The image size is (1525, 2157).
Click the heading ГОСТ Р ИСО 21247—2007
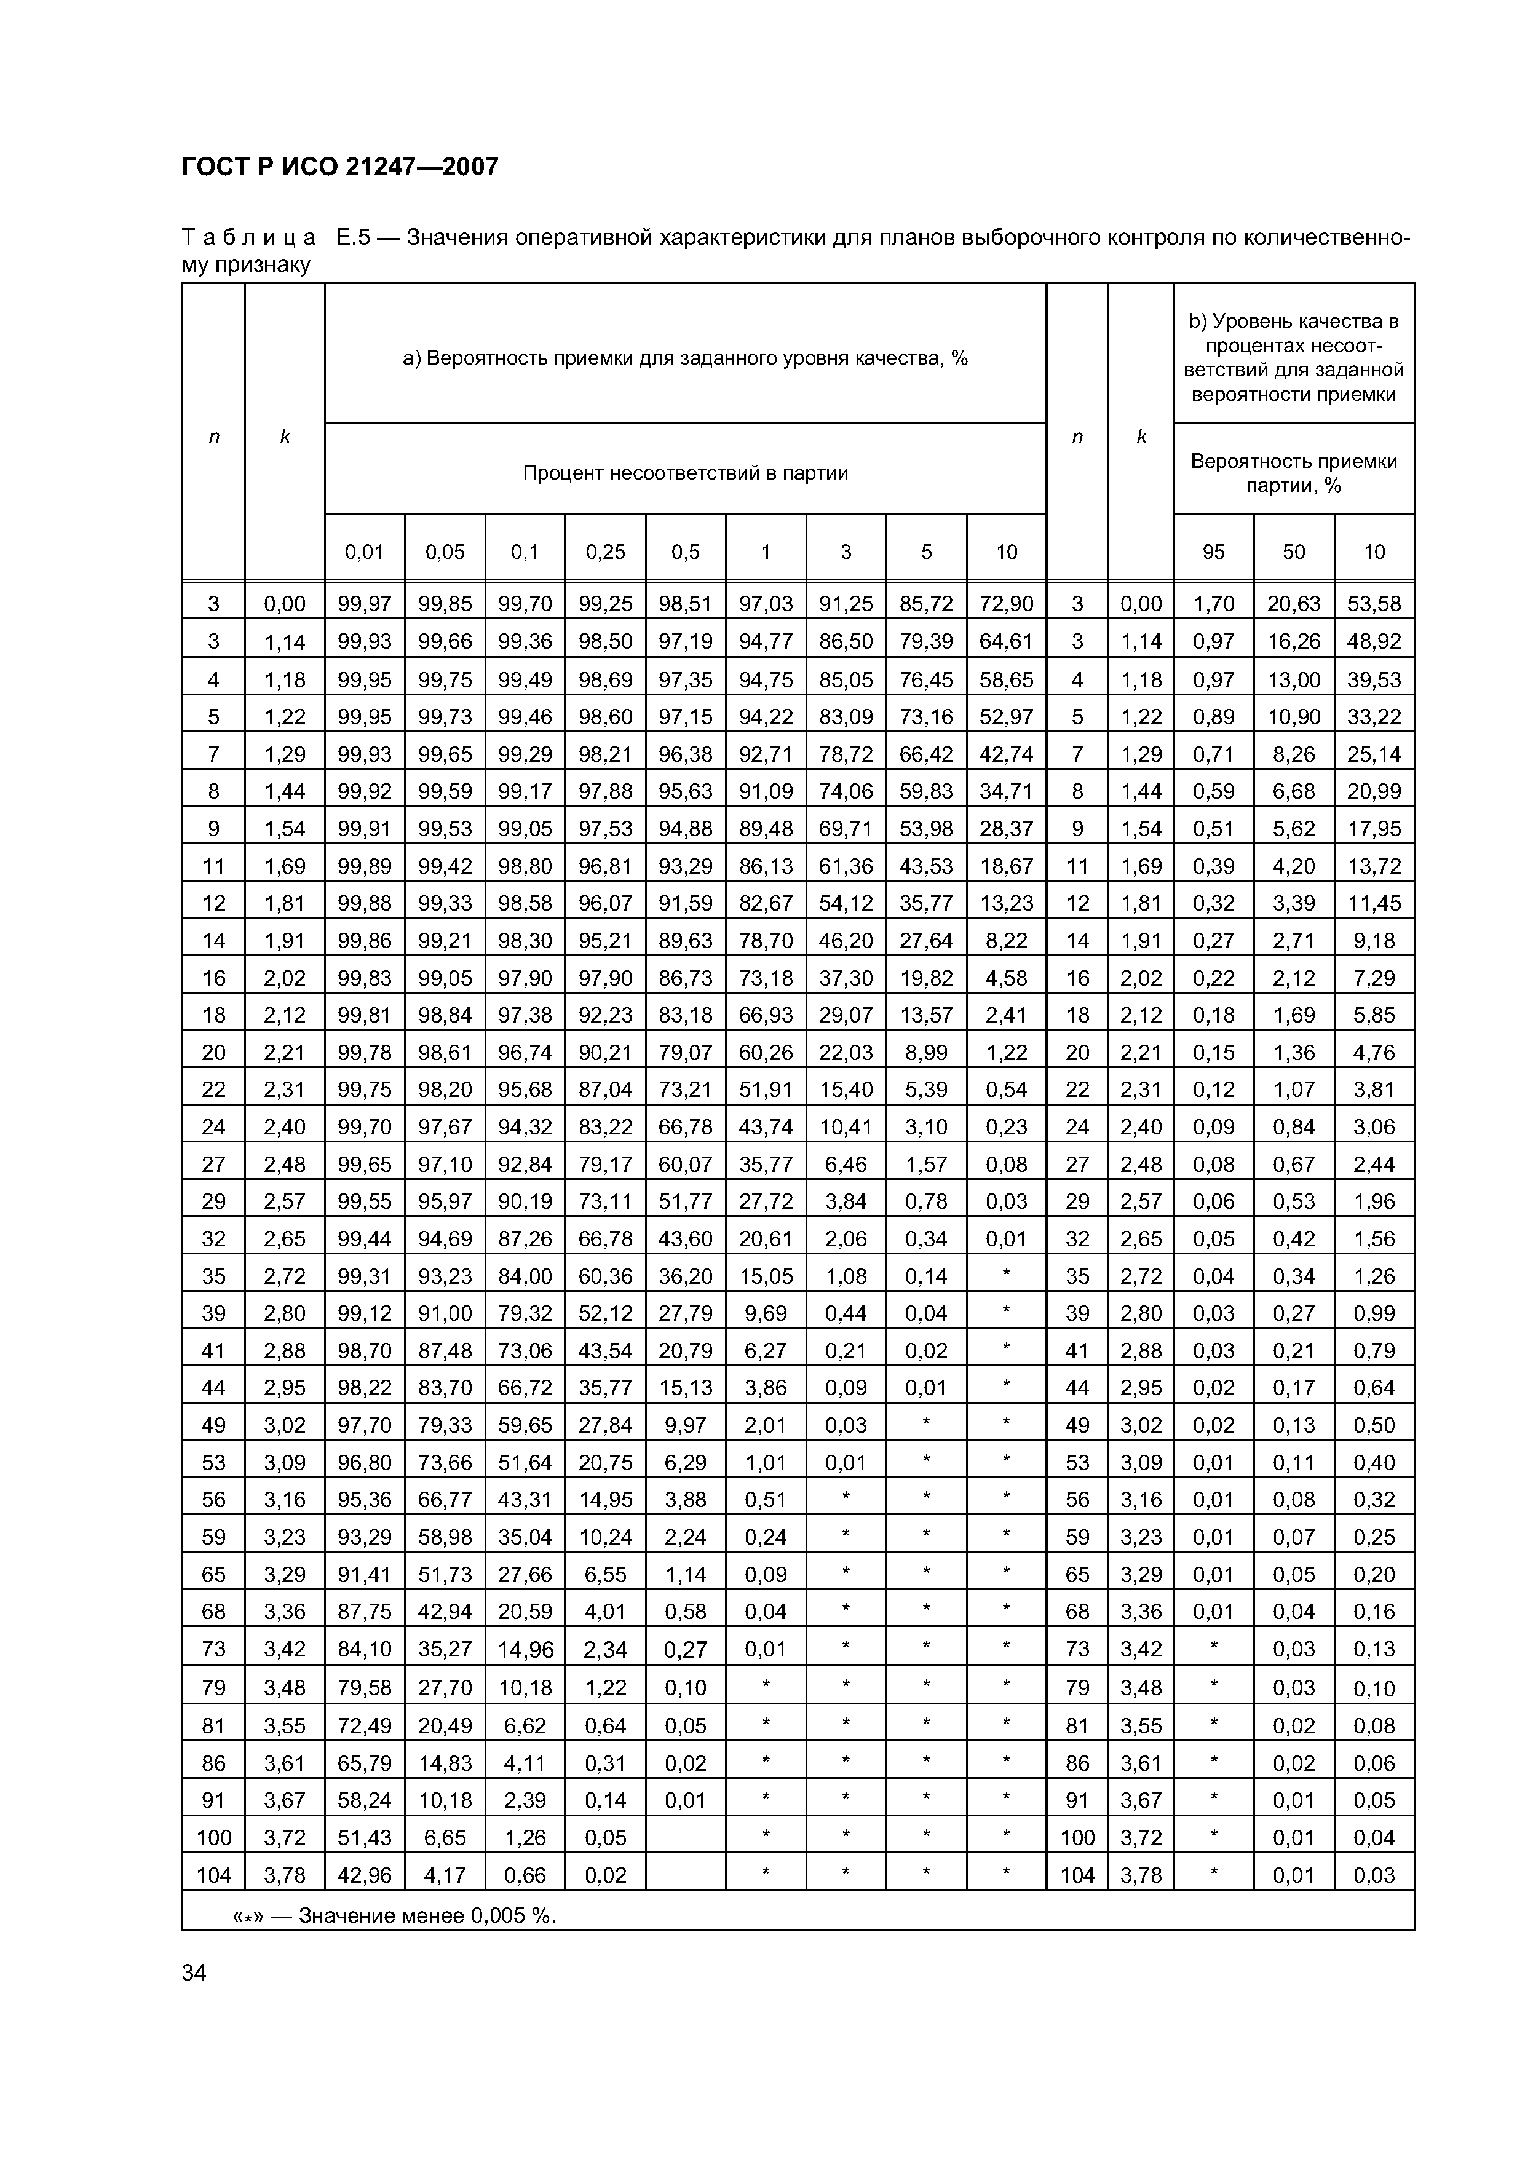pyautogui.click(x=339, y=167)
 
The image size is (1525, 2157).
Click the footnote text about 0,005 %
pyautogui.click(x=395, y=1915)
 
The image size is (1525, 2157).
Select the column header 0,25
pyautogui.click(x=605, y=552)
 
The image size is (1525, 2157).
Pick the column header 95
pyautogui.click(x=1213, y=552)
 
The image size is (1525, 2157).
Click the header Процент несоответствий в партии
pyautogui.click(x=685, y=473)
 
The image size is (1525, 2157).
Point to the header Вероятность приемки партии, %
pyautogui.click(x=1293, y=473)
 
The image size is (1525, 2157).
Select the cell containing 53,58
pyautogui.click(x=1374, y=604)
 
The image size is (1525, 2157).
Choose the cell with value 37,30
pyautogui.click(x=846, y=978)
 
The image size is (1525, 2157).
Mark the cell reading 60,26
pyautogui.click(x=766, y=1052)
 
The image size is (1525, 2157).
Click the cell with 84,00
pyautogui.click(x=525, y=1276)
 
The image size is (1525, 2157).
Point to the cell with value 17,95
pyautogui.click(x=1374, y=829)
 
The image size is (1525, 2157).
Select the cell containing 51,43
pyautogui.click(x=365, y=1837)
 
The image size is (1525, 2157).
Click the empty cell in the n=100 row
pyautogui.click(x=685, y=1837)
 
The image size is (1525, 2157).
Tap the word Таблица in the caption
pyautogui.click(x=249, y=238)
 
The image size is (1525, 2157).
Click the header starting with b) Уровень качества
pyautogui.click(x=1293, y=357)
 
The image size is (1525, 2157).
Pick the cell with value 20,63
pyautogui.click(x=1293, y=604)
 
